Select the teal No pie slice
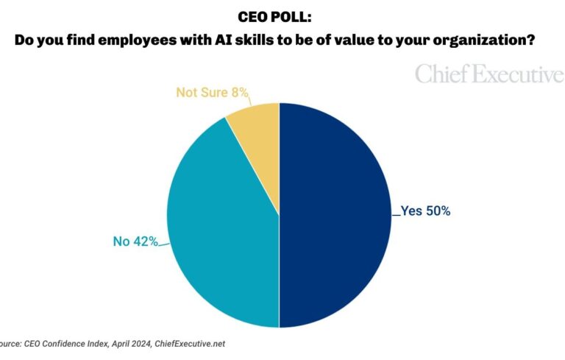(221, 221)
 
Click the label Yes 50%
(425, 211)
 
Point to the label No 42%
(135, 240)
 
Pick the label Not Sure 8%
(212, 93)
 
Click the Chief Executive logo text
(489, 74)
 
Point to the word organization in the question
(481, 41)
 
